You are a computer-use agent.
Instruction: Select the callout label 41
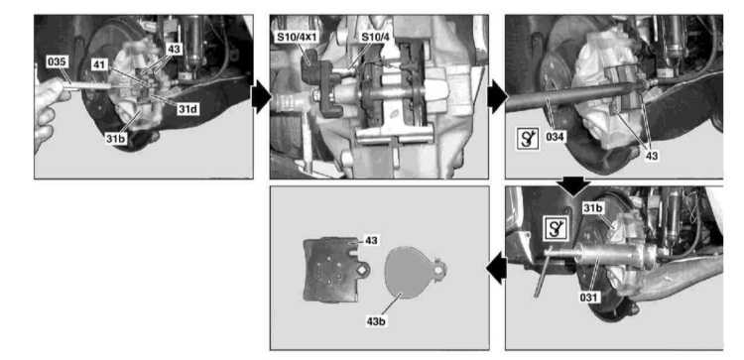pyautogui.click(x=99, y=64)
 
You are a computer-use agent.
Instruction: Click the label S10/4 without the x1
pyautogui.click(x=373, y=37)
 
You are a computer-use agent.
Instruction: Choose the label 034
pyautogui.click(x=555, y=138)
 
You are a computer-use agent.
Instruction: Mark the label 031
pyautogui.click(x=588, y=298)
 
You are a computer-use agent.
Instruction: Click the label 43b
pyautogui.click(x=375, y=321)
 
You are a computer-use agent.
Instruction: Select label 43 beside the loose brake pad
pyautogui.click(x=371, y=240)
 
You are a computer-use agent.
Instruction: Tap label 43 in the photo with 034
pyautogui.click(x=652, y=155)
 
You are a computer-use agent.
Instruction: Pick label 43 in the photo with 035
pyautogui.click(x=175, y=49)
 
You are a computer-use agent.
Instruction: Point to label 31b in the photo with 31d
pyautogui.click(x=115, y=140)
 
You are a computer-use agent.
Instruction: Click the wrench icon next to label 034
pyautogui.click(x=528, y=139)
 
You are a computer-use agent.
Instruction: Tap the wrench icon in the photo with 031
pyautogui.click(x=556, y=229)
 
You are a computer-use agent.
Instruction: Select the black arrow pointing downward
pyautogui.click(x=573, y=187)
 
